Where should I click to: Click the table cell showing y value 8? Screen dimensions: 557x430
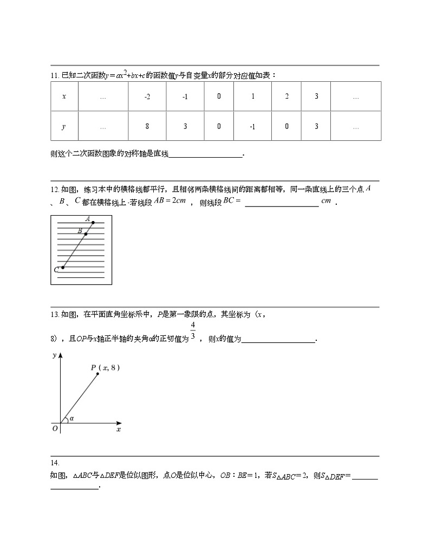click(x=147, y=126)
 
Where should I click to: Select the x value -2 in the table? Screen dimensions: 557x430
click(x=147, y=96)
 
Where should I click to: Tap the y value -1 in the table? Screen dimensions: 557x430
click(x=252, y=126)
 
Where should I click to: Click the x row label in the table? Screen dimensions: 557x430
click(x=64, y=96)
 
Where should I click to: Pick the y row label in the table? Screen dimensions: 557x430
click(x=64, y=126)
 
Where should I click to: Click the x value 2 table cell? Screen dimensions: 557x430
click(x=286, y=96)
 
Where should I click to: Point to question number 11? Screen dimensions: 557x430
click(x=54, y=75)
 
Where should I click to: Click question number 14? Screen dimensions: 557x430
click(x=54, y=463)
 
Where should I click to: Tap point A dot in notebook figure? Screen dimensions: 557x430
click(x=93, y=223)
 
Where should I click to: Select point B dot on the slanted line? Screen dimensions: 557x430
click(x=86, y=234)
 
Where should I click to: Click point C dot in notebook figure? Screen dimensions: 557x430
click(x=63, y=267)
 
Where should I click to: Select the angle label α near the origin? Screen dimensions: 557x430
click(x=71, y=418)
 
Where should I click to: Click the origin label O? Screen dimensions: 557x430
click(x=55, y=429)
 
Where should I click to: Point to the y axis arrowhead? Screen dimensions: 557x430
click(x=60, y=355)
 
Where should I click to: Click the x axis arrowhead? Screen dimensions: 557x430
click(x=119, y=423)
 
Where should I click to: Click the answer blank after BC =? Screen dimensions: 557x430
click(x=282, y=204)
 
